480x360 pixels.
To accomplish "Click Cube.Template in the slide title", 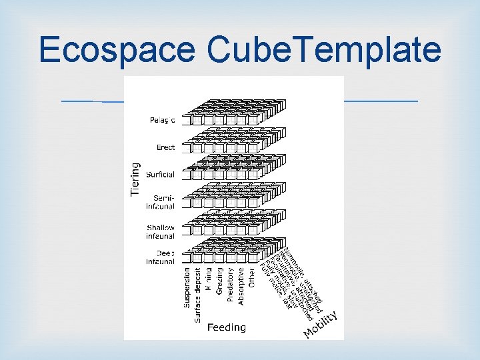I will point(324,50).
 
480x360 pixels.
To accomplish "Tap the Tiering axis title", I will point(135,179).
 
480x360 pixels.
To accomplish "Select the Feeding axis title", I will point(226,327).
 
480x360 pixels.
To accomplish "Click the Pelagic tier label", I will point(162,121).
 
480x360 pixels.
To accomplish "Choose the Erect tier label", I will point(165,147).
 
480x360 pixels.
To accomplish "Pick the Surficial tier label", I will point(161,175).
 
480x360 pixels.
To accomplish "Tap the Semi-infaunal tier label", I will point(163,202).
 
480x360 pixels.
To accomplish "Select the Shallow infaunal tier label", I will point(161,231).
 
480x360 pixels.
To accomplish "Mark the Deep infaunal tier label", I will point(161,257).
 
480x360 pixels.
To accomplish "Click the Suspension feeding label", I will point(187,288).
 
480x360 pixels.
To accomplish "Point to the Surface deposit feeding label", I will point(198,295).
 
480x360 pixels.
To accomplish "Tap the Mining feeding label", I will point(209,280).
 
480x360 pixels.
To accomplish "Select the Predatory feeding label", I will point(231,285).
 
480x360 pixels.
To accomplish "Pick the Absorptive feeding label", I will point(241,287).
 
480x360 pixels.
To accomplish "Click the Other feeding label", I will point(252,277).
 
